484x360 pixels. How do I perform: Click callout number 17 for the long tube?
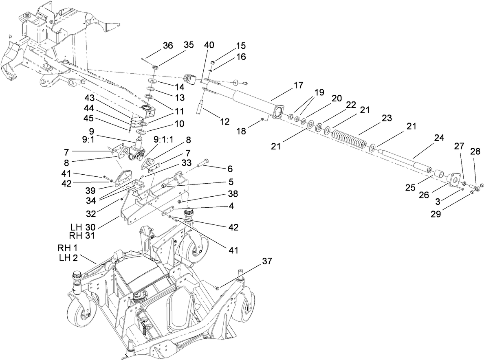(x=298, y=86)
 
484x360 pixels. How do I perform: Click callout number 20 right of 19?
(x=336, y=99)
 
